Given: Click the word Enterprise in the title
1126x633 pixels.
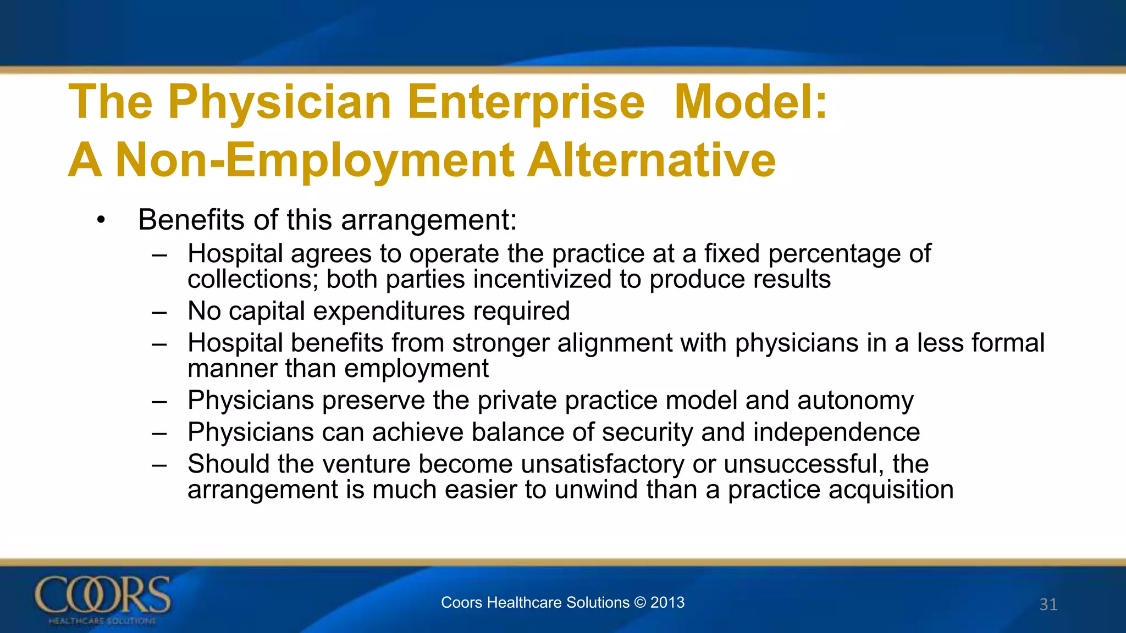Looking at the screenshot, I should tap(526, 103).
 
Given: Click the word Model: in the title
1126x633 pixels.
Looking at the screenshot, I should tap(750, 102).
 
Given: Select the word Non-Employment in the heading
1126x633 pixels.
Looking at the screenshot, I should tap(314, 160).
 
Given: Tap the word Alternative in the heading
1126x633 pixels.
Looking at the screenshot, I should tap(652, 160).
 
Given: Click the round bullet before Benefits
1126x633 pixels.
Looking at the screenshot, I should tap(100, 221).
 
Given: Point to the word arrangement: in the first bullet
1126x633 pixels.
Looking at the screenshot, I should tap(429, 221).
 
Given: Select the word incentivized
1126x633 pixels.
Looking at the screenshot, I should tap(542, 279).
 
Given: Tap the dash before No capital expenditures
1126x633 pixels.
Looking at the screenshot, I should tap(159, 312).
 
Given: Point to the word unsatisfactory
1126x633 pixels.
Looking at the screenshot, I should tap(602, 464).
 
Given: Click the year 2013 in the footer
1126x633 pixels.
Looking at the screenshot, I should tap(667, 603).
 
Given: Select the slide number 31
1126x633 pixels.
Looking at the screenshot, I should tap(1048, 604).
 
